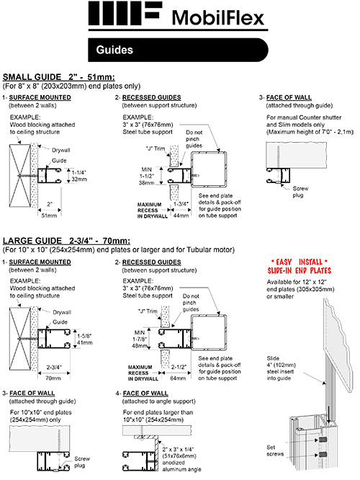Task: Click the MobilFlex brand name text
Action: [x=217, y=17]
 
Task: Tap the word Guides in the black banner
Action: [x=114, y=50]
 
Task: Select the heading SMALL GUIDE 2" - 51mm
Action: [x=59, y=77]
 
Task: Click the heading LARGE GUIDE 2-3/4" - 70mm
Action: [x=66, y=241]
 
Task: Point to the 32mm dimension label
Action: [x=79, y=179]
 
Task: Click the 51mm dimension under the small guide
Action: [x=49, y=215]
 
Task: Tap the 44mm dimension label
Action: [x=181, y=215]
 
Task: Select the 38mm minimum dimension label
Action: [x=146, y=183]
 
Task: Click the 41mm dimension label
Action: [x=84, y=343]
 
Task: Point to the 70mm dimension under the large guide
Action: [x=53, y=378]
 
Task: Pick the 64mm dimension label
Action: [x=178, y=378]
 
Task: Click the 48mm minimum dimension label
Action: [x=140, y=346]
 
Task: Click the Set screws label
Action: [x=275, y=450]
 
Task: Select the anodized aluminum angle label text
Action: [x=181, y=466]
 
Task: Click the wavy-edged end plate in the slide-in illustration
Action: [x=338, y=346]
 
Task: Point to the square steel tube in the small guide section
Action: [x=209, y=169]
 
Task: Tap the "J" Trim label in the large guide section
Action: [x=148, y=311]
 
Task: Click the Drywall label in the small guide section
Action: [x=60, y=150]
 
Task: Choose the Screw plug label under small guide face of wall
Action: [x=300, y=192]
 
